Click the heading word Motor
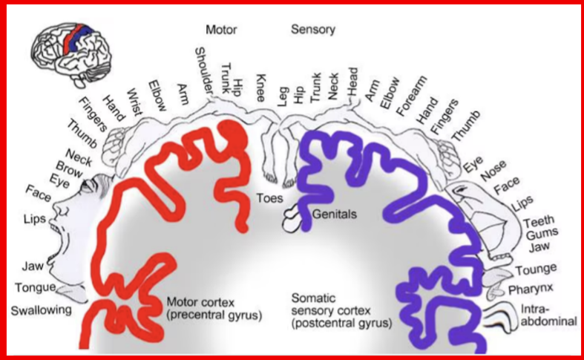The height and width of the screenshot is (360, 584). coord(221,30)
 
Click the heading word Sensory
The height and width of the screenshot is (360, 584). coord(312,30)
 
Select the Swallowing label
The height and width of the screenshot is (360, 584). coord(41,310)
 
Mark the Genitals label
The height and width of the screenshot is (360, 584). coord(335,214)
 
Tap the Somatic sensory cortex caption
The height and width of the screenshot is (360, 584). coord(341,311)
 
